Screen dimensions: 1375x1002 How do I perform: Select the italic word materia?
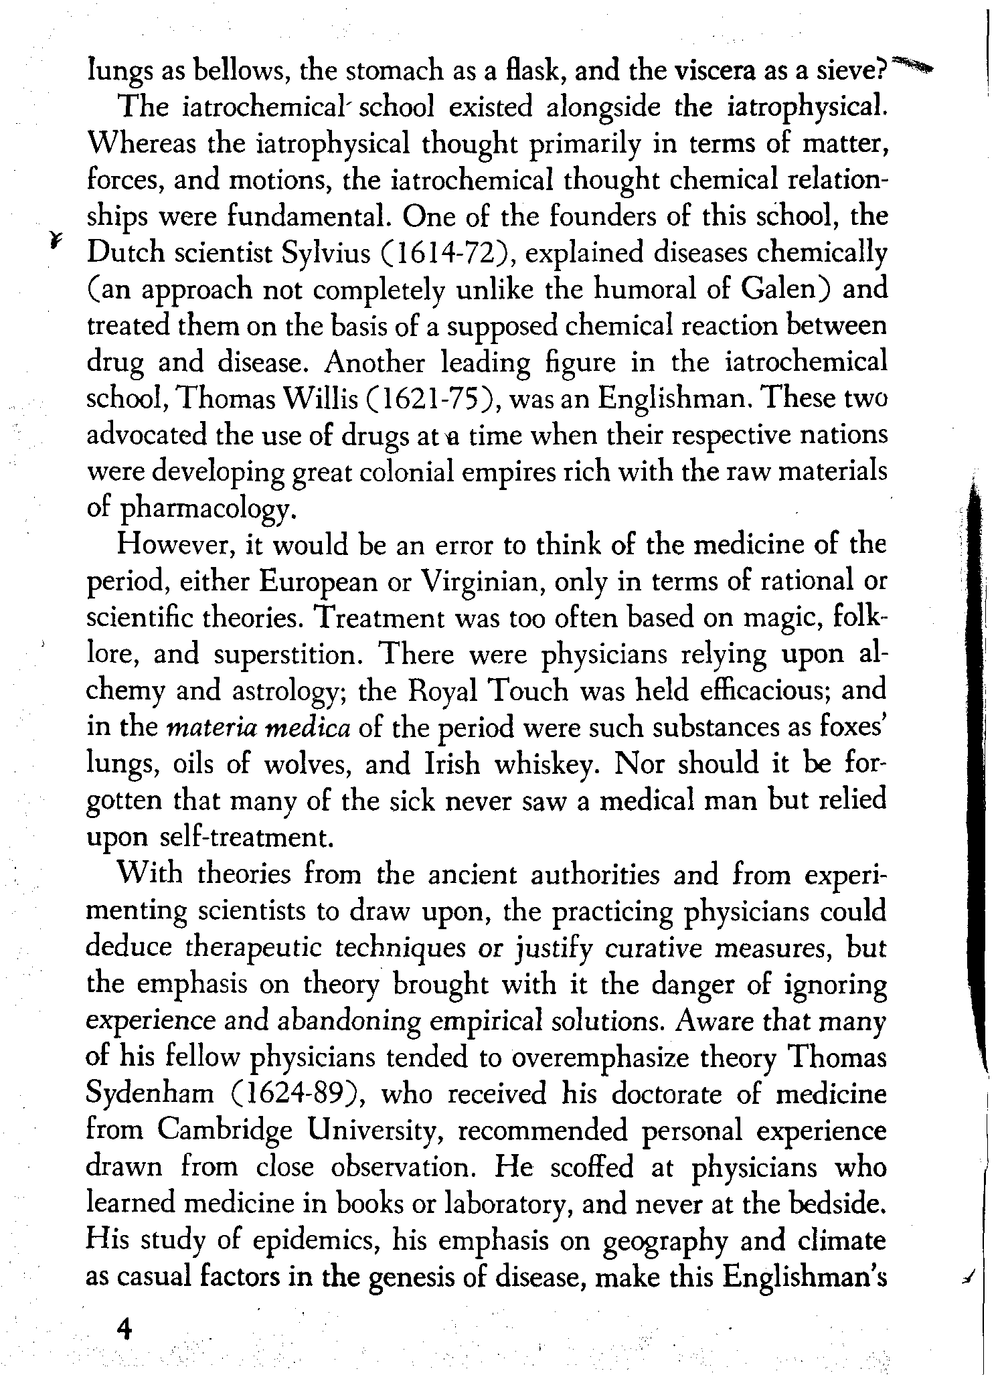[x=210, y=728]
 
